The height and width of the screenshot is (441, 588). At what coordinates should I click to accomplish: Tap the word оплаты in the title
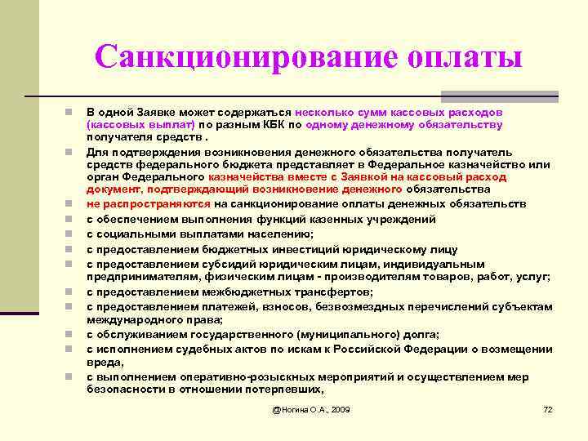462,57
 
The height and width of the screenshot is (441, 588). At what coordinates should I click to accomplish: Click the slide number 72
548,408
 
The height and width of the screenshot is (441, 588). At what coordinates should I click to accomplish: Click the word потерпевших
277,390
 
